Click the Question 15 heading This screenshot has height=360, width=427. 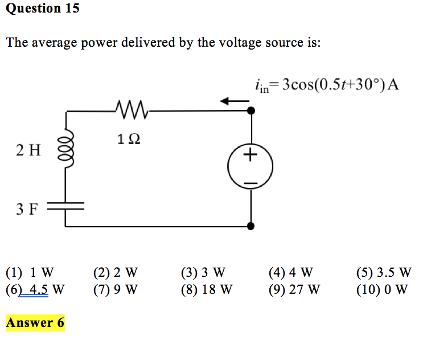(43, 9)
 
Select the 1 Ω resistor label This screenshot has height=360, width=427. (128, 138)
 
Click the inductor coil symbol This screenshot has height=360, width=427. (65, 150)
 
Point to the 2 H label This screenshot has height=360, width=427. (28, 150)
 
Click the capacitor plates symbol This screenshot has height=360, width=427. (65, 206)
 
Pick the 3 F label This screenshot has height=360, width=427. (27, 209)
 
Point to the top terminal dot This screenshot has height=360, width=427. (251, 111)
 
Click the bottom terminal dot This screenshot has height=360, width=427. (251, 226)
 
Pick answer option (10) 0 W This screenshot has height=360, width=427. (381, 289)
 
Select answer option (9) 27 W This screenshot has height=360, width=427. (294, 289)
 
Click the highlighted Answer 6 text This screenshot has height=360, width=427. (35, 323)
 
